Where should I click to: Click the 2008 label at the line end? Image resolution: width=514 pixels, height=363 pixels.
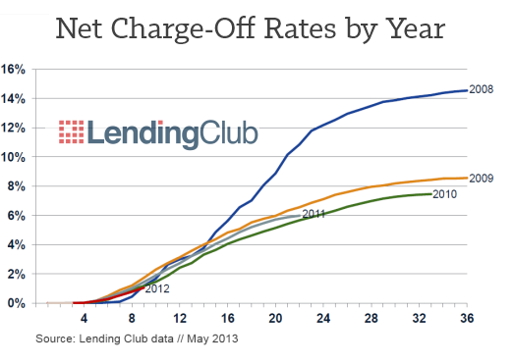[481, 89]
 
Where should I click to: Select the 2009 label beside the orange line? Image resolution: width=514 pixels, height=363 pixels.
[481, 179]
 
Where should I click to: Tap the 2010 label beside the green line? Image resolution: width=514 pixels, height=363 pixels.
[445, 194]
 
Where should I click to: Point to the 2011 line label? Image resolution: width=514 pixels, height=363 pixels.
[314, 213]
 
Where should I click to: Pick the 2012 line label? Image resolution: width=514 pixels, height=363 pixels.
[157, 288]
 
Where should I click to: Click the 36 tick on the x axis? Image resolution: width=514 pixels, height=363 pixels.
[467, 319]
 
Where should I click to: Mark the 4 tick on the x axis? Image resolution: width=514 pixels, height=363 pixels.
[84, 319]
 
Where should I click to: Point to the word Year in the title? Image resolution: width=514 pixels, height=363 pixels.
[410, 28]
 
